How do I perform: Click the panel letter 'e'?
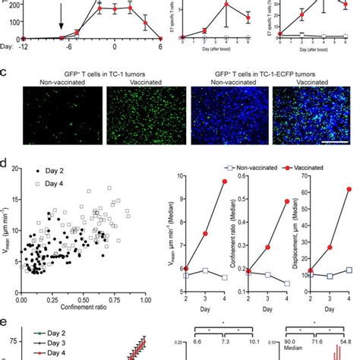point(5,321)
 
